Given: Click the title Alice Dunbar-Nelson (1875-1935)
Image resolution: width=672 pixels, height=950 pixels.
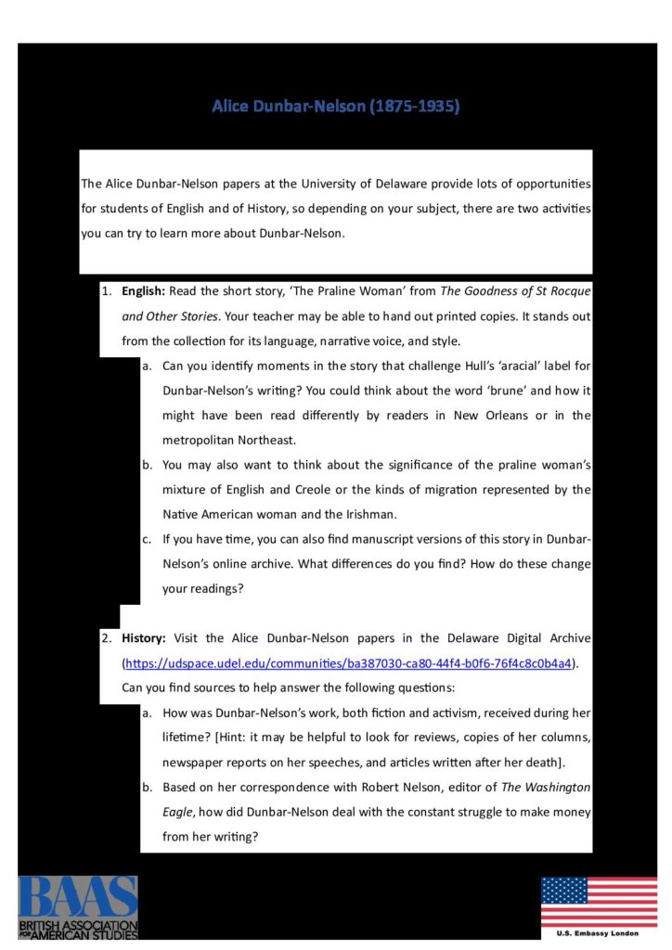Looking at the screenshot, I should tap(335, 107).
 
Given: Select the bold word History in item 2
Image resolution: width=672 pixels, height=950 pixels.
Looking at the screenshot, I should tap(143, 638).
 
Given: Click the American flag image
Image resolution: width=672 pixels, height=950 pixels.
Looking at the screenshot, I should tap(599, 902).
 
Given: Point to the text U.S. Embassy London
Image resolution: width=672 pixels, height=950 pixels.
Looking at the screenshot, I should tap(599, 933).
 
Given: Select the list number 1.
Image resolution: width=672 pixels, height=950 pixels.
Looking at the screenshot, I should tap(105, 291).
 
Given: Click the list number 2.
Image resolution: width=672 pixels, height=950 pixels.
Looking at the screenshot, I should tap(105, 638).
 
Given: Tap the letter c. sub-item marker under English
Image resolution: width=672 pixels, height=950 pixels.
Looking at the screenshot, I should tap(147, 538).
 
